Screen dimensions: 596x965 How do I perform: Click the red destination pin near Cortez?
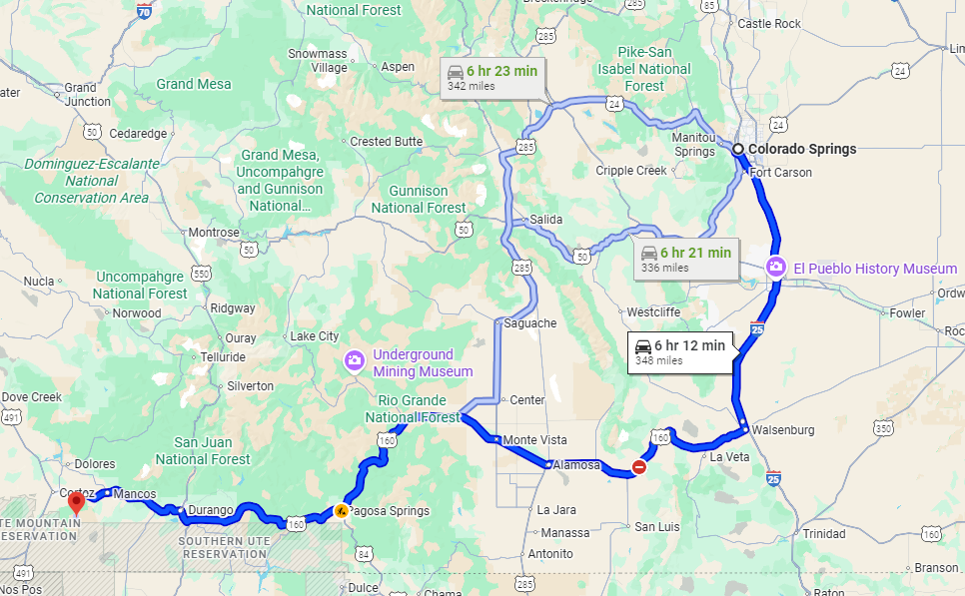77,500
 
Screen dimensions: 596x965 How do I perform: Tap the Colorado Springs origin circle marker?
738,149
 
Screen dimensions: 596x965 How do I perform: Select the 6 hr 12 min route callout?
679,352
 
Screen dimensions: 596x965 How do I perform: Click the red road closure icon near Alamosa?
639,466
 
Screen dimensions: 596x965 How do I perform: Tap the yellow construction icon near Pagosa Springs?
342,510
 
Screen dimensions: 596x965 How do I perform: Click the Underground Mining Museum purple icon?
353,361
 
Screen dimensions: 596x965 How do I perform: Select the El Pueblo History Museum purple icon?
774,268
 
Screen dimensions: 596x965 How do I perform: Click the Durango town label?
210,510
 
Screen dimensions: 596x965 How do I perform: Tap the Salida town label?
545,220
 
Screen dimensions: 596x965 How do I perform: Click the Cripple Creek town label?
630,171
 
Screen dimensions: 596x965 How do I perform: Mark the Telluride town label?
222,356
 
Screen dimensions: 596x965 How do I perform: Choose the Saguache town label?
530,323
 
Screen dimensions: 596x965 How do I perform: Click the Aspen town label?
398,67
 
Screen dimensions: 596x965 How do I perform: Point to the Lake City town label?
314,336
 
